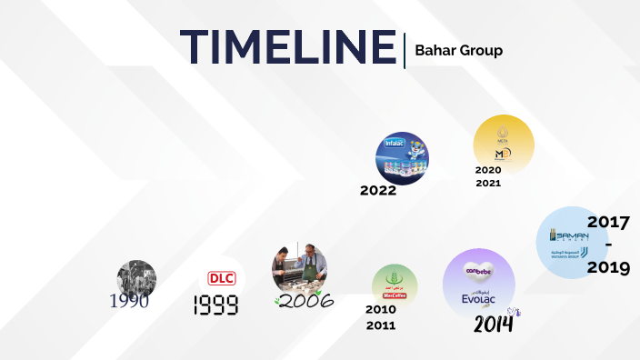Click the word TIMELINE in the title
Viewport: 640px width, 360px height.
[287, 47]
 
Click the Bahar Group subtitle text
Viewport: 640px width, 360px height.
[458, 50]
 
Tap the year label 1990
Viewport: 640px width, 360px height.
[129, 302]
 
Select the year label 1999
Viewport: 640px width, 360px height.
[215, 306]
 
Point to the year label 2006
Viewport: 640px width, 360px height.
[305, 301]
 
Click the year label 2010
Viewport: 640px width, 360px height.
[380, 309]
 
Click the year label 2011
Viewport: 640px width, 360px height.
[380, 325]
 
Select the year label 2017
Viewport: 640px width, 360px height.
[608, 222]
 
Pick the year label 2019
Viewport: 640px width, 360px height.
[608, 269]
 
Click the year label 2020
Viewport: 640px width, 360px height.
[488, 169]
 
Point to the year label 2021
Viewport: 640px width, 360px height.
[488, 183]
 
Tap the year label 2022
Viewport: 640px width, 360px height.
[378, 191]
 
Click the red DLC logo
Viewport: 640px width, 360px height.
[222, 278]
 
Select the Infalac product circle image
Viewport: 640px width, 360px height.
[402, 155]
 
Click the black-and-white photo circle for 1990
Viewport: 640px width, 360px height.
[136, 277]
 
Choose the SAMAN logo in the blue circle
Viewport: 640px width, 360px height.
[568, 234]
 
